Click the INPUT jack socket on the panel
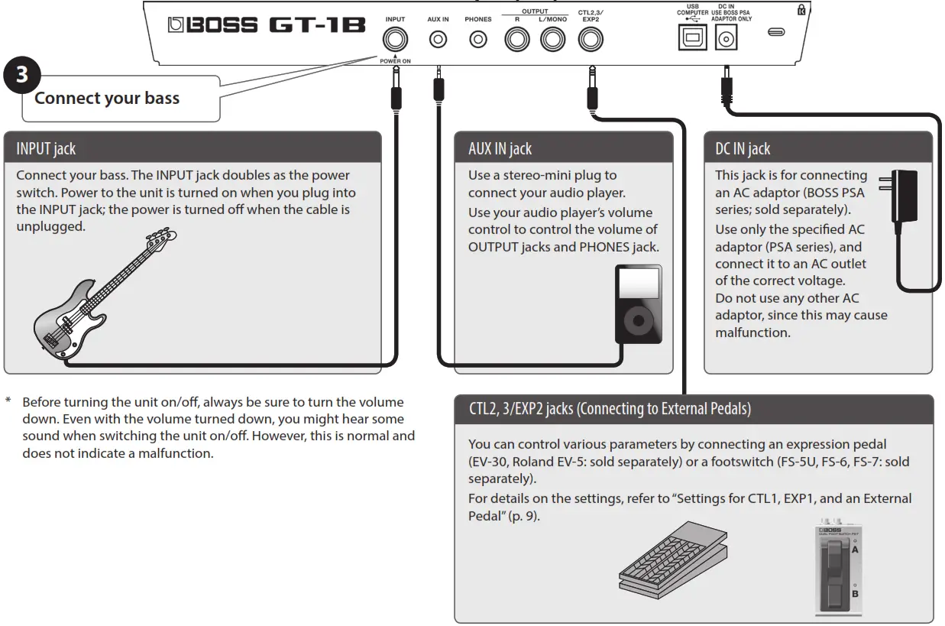[x=396, y=40]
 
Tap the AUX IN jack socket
[x=438, y=40]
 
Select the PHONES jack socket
[x=478, y=40]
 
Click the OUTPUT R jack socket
[x=516, y=40]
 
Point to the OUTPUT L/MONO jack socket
[x=552, y=40]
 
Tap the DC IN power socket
[x=725, y=39]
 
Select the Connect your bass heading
[x=107, y=98]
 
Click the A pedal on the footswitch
[x=836, y=551]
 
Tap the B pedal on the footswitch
[x=836, y=592]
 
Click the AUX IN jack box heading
[x=500, y=149]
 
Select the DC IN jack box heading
[x=742, y=149]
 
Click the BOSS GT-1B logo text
[x=267, y=25]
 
